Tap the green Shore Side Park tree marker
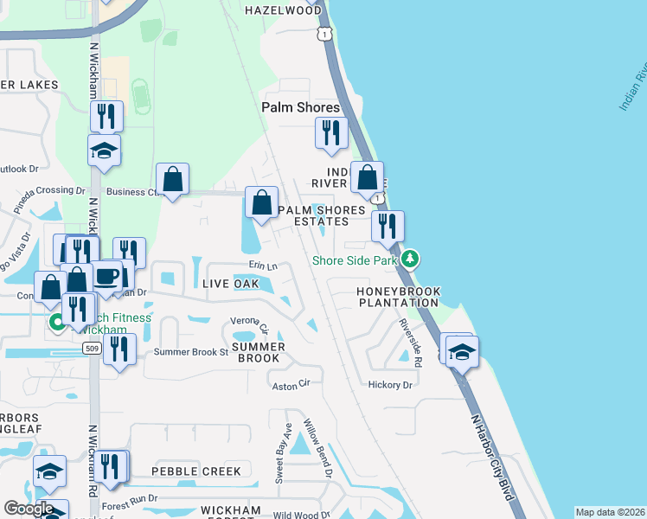411,258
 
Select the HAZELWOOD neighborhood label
282,10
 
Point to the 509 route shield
92,347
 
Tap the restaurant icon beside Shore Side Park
388,226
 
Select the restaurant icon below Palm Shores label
331,132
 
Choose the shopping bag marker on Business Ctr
173,179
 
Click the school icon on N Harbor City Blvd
463,351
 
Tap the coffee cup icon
107,276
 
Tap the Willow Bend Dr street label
317,448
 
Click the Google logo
29,509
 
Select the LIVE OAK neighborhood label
230,284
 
